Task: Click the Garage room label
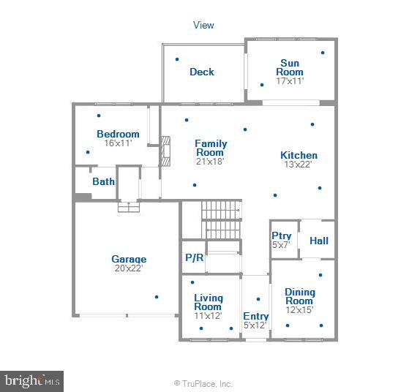pyautogui.click(x=129, y=259)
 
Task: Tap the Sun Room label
pyautogui.click(x=289, y=67)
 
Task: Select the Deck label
pyautogui.click(x=202, y=72)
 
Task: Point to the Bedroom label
pyautogui.click(x=118, y=134)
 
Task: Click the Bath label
pyautogui.click(x=103, y=181)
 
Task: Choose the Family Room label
pyautogui.click(x=211, y=148)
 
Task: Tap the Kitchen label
pyautogui.click(x=299, y=155)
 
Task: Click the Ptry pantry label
pyautogui.click(x=282, y=235)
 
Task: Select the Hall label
pyautogui.click(x=319, y=241)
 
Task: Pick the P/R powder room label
pyautogui.click(x=194, y=258)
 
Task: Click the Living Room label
pyautogui.click(x=208, y=302)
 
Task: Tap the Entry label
pyautogui.click(x=256, y=316)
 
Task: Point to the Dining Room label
pyautogui.click(x=299, y=296)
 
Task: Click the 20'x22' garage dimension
pyautogui.click(x=129, y=268)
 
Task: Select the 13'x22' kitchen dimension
pyautogui.click(x=299, y=165)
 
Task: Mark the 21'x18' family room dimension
pyautogui.click(x=211, y=162)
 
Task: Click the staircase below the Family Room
pyautogui.click(x=221, y=219)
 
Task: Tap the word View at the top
pyautogui.click(x=203, y=25)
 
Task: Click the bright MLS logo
pyautogui.click(x=32, y=380)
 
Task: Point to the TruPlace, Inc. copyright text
pyautogui.click(x=203, y=383)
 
